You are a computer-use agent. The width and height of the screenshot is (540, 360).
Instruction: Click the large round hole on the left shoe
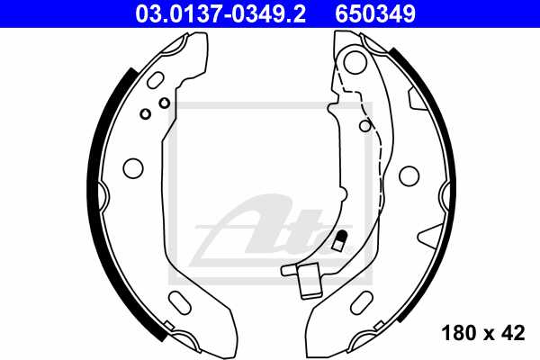coord(132,168)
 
